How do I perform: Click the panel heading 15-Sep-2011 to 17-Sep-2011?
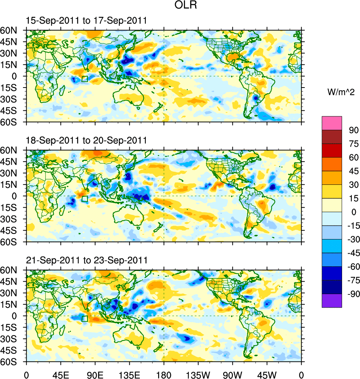[x=86, y=21]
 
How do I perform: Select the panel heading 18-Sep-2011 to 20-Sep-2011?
[x=86, y=140]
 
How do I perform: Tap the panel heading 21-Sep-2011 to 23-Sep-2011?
[x=86, y=260]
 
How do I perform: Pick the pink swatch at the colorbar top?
[x=332, y=123]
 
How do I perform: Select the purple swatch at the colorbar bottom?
[x=332, y=300]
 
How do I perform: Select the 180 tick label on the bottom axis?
[x=164, y=374]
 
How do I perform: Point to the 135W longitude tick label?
[x=198, y=374]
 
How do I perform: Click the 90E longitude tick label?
[x=95, y=374]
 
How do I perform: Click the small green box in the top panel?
[x=84, y=79]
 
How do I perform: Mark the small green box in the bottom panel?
[x=84, y=318]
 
